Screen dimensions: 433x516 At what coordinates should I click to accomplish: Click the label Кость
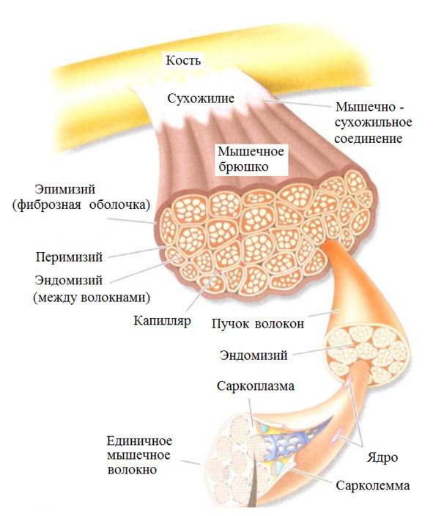pyautogui.click(x=183, y=60)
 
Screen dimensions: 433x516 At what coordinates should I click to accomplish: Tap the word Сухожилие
pyautogui.click(x=201, y=98)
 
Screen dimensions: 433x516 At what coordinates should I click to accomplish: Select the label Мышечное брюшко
pyautogui.click(x=251, y=159)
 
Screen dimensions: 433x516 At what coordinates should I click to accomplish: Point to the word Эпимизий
pyautogui.click(x=65, y=190)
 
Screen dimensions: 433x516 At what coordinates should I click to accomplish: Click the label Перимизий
pyautogui.click(x=69, y=257)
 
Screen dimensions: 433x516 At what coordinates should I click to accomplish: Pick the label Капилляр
pyautogui.click(x=162, y=320)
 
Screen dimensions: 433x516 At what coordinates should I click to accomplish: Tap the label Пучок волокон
pyautogui.click(x=258, y=323)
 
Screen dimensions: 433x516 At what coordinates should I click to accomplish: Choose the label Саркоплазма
pyautogui.click(x=255, y=386)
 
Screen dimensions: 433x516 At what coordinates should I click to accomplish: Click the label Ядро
pyautogui.click(x=382, y=458)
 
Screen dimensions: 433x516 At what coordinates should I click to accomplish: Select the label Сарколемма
pyautogui.click(x=373, y=486)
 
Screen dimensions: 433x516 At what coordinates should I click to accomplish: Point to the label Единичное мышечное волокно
pyautogui.click(x=139, y=455)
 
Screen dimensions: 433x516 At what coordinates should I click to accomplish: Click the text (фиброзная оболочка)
pyautogui.click(x=81, y=205)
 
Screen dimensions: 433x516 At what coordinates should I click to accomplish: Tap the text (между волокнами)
pyautogui.click(x=92, y=298)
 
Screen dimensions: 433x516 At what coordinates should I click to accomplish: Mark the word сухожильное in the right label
pyautogui.click(x=373, y=122)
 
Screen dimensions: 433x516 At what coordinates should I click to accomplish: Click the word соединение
pyautogui.click(x=369, y=139)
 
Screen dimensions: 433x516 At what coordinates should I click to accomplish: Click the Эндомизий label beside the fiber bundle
pyautogui.click(x=253, y=355)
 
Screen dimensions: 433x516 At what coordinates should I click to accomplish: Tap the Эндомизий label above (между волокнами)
pyautogui.click(x=69, y=281)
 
